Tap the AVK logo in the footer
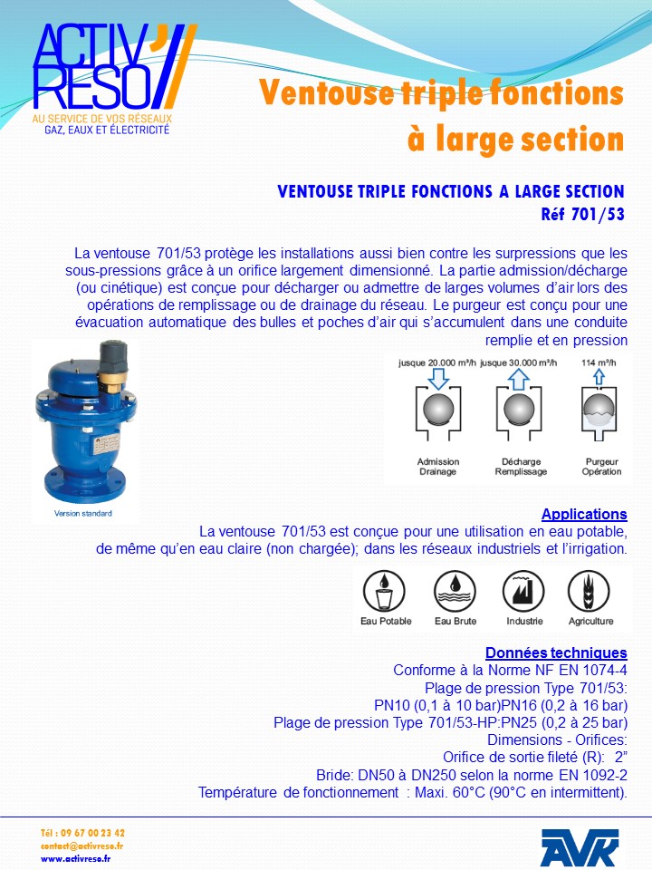coord(580,847)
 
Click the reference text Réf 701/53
coord(582,215)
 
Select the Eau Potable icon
coord(385,593)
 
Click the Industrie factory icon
coord(524,593)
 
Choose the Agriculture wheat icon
coord(590,593)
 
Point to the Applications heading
coord(584,514)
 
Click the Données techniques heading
coord(556,652)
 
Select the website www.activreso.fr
coord(76,858)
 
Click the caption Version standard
coord(84,514)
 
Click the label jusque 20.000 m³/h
coord(437,362)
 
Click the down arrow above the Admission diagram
coord(438,378)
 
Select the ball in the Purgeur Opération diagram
coord(600,411)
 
